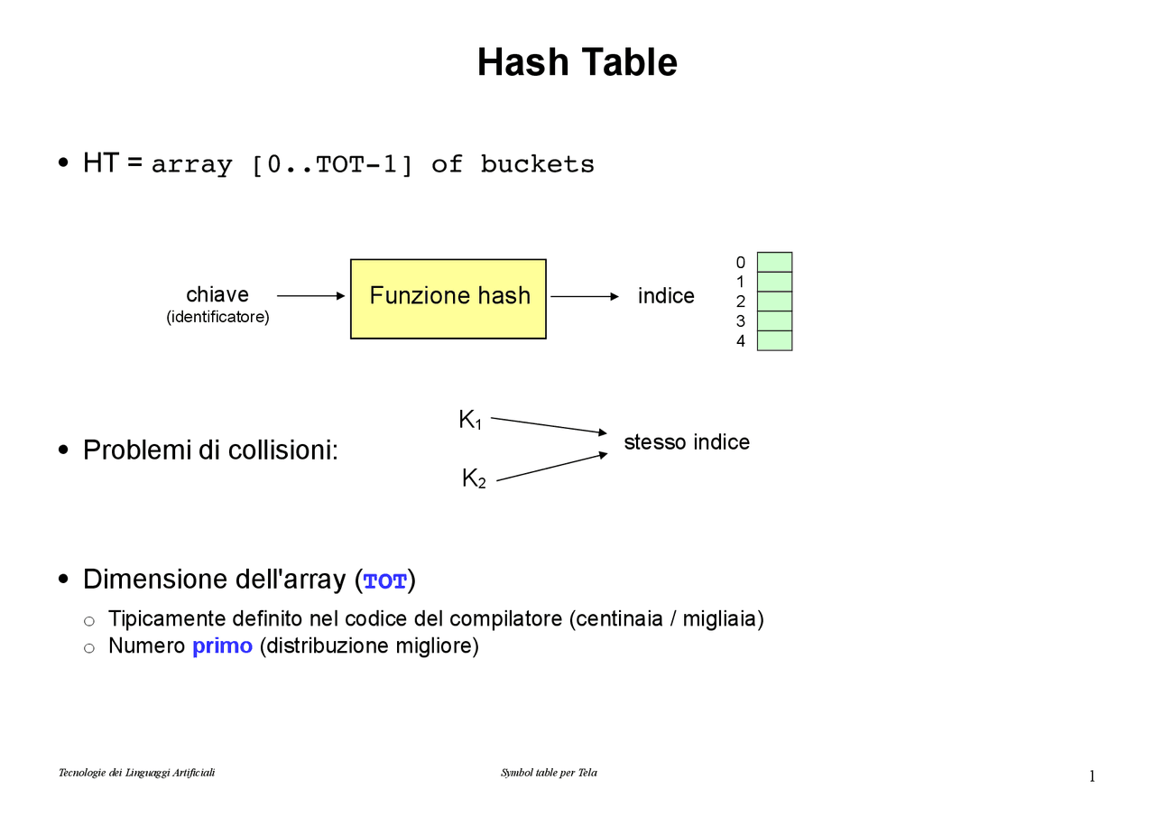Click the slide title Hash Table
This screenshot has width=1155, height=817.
577,62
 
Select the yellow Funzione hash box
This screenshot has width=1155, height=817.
448,299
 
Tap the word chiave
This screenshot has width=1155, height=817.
217,294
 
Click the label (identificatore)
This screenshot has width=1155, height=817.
217,317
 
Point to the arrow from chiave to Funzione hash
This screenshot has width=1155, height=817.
311,295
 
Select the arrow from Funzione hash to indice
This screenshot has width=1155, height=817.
585,296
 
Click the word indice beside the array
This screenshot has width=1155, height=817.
666,295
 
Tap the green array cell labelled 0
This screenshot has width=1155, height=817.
774,262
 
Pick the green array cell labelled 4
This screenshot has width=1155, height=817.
774,340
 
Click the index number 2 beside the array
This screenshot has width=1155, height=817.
741,302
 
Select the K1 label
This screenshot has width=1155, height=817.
470,419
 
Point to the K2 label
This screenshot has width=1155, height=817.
474,478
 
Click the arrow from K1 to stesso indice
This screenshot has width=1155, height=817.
549,425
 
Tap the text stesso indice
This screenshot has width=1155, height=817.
687,442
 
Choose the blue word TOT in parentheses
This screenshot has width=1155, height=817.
385,581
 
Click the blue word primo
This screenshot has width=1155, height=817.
222,645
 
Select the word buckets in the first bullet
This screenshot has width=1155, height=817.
537,164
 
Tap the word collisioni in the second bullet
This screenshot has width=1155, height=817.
282,450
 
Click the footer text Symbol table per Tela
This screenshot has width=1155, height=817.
549,773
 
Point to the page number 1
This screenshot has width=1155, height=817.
1092,775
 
